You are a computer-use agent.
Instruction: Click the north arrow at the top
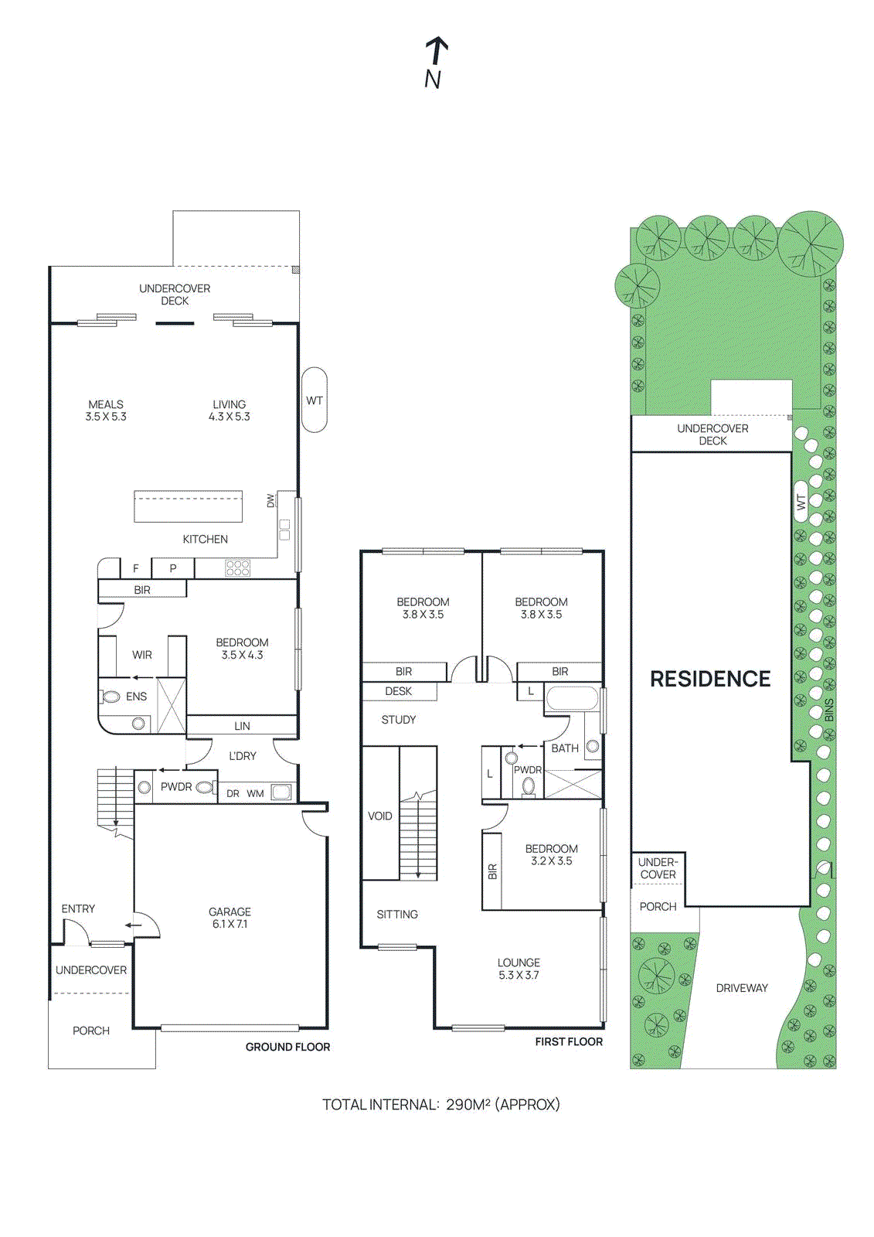437,53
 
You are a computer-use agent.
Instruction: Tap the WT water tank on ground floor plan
314,400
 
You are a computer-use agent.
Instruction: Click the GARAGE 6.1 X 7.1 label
230,918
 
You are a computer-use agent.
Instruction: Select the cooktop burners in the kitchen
237,568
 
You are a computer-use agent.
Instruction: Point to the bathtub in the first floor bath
572,700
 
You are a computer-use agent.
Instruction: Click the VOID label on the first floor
379,816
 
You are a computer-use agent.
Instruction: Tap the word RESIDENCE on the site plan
710,679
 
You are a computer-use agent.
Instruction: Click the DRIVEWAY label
741,988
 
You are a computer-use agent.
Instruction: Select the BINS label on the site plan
829,711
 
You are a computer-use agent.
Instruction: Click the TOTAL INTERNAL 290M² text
440,1105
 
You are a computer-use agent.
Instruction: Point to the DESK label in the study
398,691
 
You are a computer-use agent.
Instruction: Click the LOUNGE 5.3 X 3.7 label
519,969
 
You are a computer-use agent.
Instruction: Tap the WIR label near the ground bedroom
141,655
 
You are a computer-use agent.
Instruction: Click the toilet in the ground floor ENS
111,697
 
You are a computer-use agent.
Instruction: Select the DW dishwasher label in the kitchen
270,501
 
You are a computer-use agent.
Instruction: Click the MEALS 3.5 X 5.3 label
106,411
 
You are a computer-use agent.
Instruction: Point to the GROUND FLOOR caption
287,1047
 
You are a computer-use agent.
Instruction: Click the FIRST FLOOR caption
568,1041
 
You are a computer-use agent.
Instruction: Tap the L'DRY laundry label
242,756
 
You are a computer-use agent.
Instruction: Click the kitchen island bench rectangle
188,506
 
